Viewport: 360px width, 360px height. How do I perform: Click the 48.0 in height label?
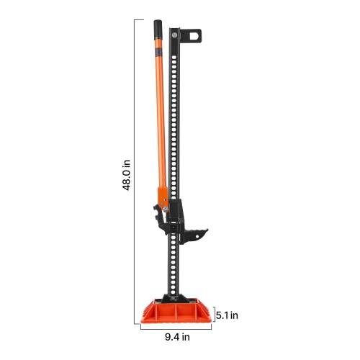pos(126,176)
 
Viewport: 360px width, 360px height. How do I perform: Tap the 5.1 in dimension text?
pos(228,314)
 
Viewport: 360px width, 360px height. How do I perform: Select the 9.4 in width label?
pos(176,336)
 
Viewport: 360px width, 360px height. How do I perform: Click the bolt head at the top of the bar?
pos(177,33)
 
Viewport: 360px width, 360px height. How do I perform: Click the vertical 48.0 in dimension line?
pos(135,173)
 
